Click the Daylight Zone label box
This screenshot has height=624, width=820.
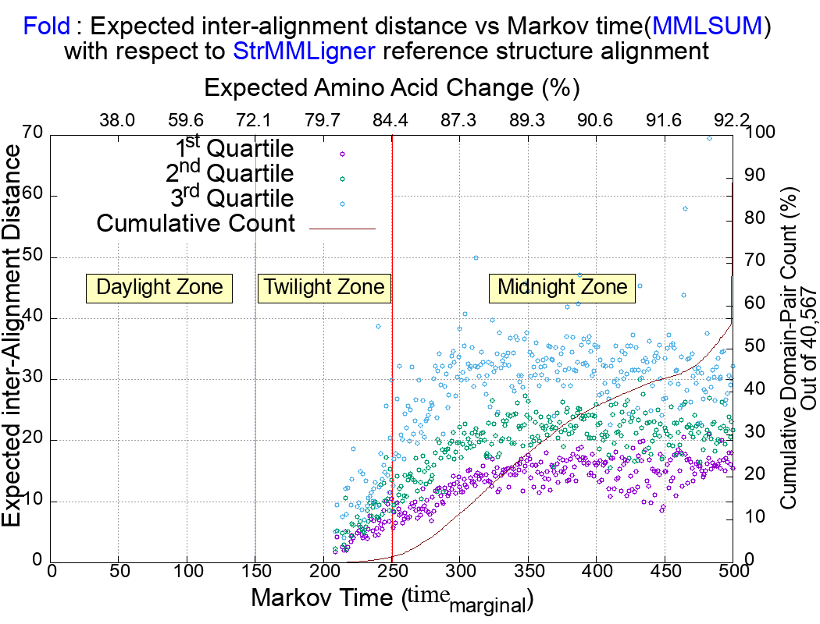point(159,287)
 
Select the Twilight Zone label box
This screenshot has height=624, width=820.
point(324,287)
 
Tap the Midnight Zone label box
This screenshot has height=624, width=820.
point(562,287)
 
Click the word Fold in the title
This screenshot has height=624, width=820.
point(47,27)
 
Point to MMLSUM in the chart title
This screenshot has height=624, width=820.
point(707,27)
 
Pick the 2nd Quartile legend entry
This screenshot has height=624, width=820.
point(230,174)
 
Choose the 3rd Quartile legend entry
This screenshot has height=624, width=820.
point(230,198)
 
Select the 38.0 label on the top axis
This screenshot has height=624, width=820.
point(118,120)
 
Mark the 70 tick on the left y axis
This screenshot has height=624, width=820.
point(32,133)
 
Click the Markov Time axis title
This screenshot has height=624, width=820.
point(390,599)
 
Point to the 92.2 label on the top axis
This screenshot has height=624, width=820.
point(732,120)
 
